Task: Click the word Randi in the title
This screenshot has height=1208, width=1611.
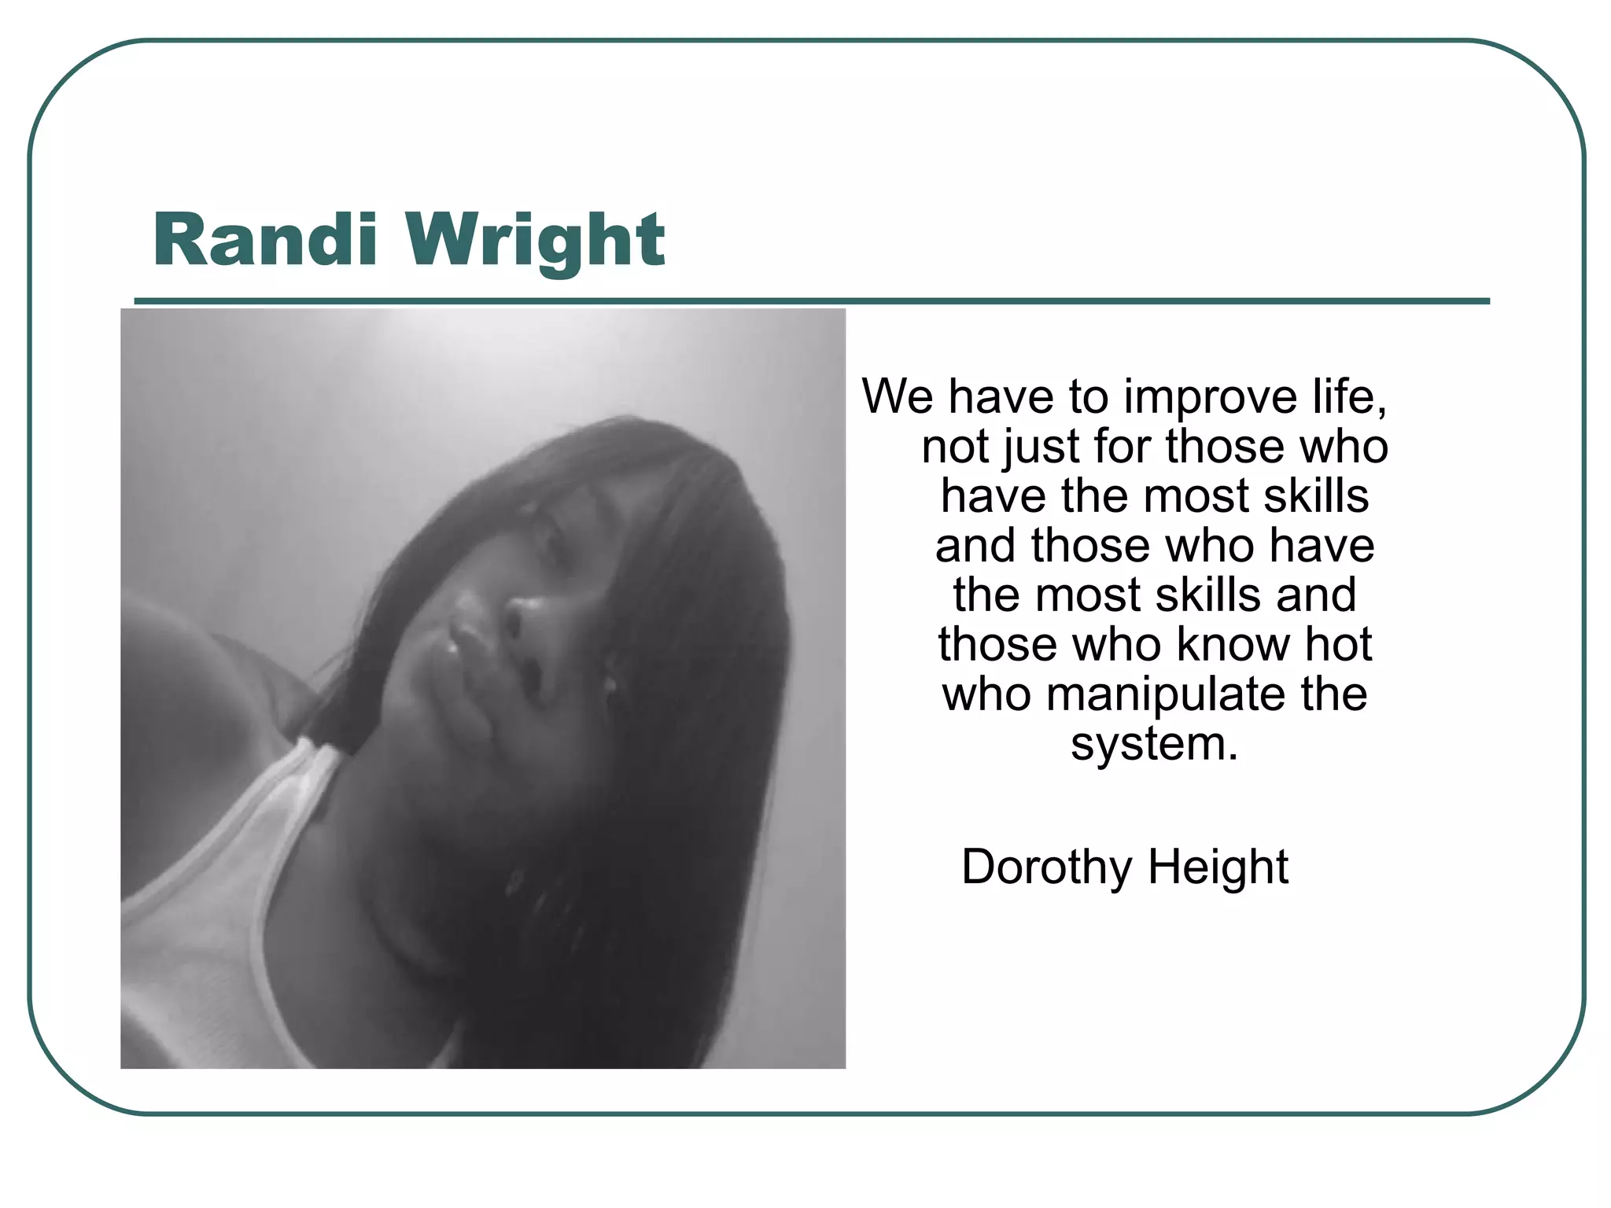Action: [265, 239]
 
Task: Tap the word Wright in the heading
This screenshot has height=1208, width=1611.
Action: [535, 241]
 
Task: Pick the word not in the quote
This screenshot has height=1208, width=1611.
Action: [955, 446]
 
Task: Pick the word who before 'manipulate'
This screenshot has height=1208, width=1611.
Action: [986, 694]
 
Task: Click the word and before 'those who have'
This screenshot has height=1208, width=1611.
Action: [976, 545]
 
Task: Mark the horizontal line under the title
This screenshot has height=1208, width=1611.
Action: [812, 301]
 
